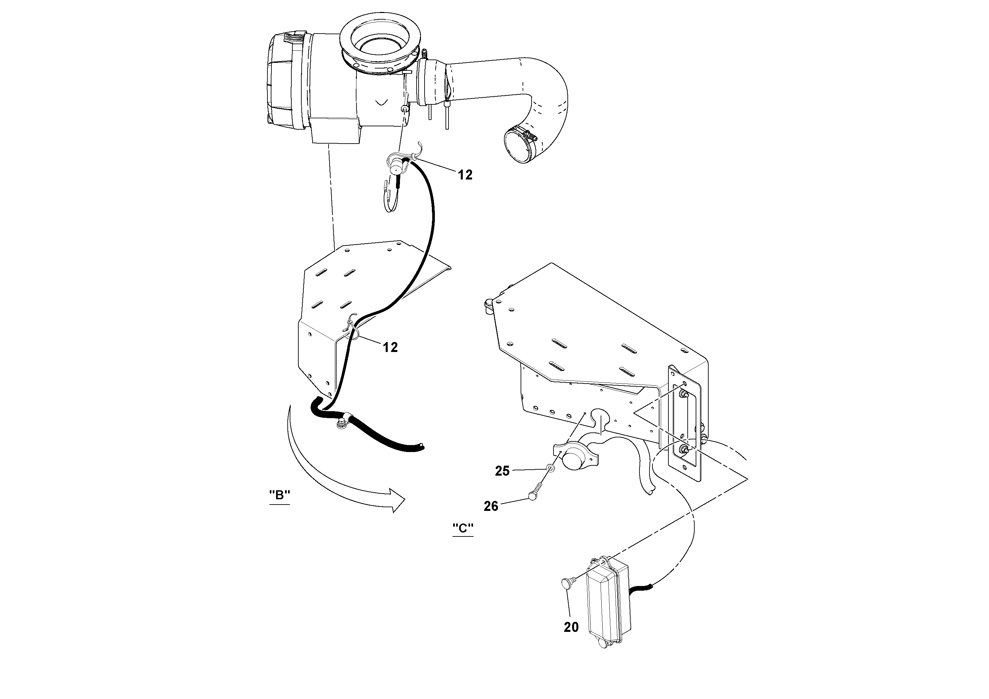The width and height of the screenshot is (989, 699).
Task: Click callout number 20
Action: (571, 627)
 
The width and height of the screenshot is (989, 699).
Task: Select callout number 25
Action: (502, 471)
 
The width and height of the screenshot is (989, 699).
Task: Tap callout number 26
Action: (491, 506)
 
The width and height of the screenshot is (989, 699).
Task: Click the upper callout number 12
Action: (465, 175)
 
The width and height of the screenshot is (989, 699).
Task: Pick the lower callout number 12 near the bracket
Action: (390, 347)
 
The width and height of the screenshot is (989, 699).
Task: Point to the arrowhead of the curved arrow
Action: (397, 500)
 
